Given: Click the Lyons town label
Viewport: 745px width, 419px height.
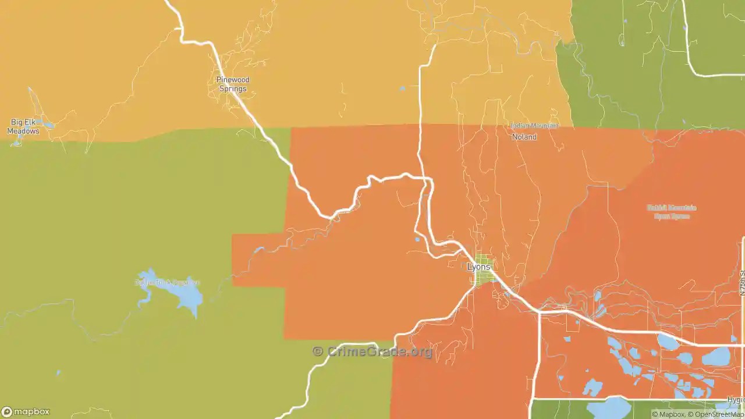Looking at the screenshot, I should pos(479,267).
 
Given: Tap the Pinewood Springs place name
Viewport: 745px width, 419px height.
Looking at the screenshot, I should pos(233,84).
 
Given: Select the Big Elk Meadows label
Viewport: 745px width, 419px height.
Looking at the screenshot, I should pos(23,127).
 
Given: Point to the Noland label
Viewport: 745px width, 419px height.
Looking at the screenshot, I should pos(524,137).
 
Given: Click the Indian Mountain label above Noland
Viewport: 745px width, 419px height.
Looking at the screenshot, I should pos(534,126).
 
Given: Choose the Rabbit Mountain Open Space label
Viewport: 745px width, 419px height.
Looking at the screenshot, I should pos(671,212).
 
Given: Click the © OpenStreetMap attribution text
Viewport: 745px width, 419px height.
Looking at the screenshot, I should pos(716,414).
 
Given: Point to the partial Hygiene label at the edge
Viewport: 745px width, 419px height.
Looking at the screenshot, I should pos(736,400).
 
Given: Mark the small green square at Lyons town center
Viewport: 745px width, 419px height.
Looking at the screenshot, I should pos(483,269).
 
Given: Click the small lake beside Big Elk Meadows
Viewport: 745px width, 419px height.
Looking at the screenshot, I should pos(49,125).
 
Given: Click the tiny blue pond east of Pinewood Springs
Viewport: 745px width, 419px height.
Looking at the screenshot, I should pos(402,88).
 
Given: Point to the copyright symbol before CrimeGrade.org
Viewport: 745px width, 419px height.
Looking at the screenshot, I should pos(318,351).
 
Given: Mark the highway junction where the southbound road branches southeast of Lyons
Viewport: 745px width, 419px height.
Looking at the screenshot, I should pos(539,313).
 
